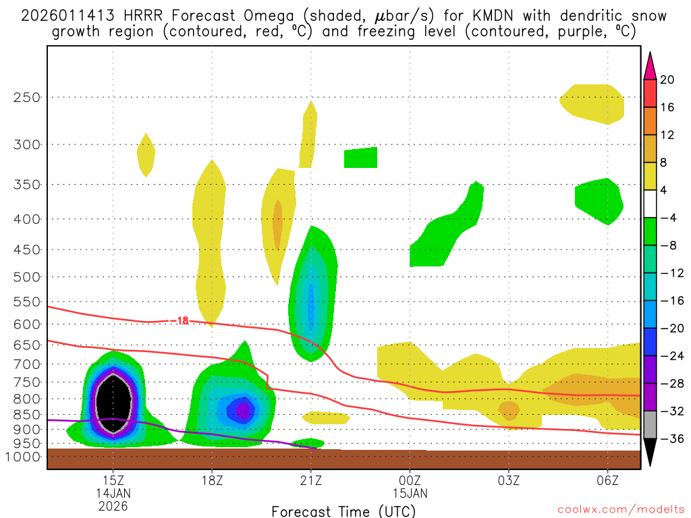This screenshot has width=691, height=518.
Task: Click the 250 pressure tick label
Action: tap(27, 97)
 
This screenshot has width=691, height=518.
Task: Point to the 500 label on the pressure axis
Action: tap(27, 277)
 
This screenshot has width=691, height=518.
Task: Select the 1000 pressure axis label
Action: tap(24, 457)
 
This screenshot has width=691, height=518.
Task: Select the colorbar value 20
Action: tap(667, 80)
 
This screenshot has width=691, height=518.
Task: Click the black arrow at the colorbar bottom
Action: tap(650, 453)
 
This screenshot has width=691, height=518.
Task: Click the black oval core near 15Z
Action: tap(113, 402)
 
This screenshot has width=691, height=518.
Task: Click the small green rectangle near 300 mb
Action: tap(360, 158)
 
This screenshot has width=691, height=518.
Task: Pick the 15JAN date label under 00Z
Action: tap(410, 493)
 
